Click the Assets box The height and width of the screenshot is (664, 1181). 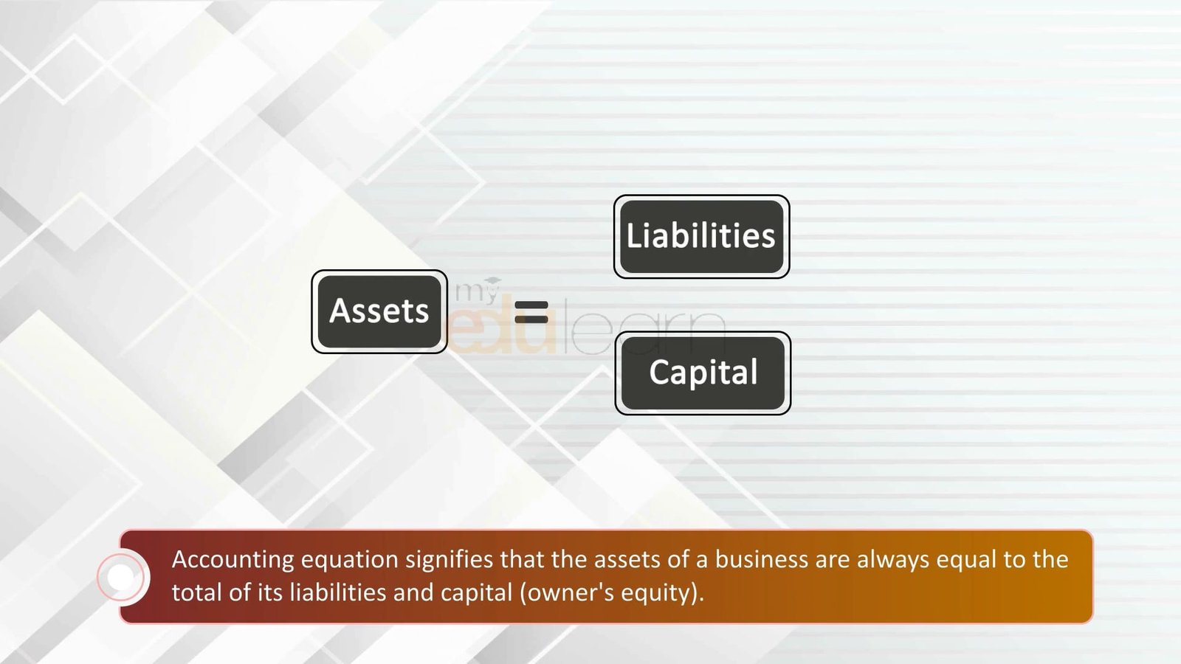click(379, 311)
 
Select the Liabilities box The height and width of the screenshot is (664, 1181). click(702, 237)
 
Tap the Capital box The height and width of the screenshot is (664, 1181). click(703, 373)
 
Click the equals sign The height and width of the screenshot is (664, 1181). click(531, 312)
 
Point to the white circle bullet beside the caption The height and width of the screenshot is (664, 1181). click(121, 577)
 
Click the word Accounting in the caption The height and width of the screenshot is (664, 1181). click(233, 560)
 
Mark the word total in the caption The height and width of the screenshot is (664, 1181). click(196, 593)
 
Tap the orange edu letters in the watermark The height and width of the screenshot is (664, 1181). click(503, 324)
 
